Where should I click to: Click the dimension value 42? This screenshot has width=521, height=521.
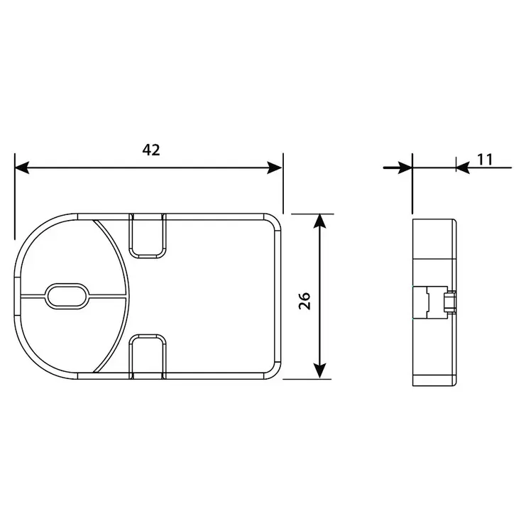[151, 150]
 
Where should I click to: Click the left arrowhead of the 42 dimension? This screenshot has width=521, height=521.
[22, 168]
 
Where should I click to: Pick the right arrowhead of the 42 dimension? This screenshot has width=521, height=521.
[275, 168]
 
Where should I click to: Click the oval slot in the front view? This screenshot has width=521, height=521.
[67, 295]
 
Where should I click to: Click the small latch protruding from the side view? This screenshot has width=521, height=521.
[448, 302]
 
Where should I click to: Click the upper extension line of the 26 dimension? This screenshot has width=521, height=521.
[309, 213]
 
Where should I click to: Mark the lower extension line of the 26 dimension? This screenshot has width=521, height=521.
[309, 379]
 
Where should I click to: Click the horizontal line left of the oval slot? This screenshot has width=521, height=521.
[31, 295]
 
